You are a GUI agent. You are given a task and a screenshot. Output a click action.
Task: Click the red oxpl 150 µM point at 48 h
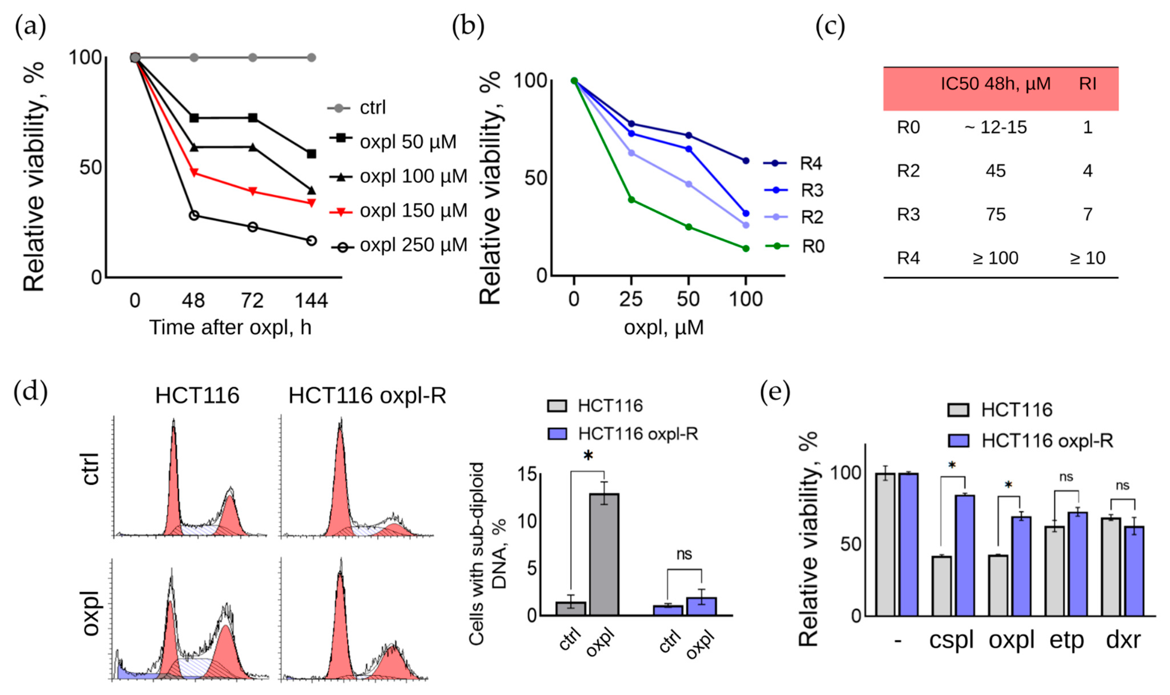point(194,172)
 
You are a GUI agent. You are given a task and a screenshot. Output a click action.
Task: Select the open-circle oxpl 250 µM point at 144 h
point(311,241)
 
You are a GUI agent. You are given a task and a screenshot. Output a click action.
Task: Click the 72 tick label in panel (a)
point(252,300)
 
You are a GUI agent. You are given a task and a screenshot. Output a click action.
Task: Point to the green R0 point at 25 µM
point(631,200)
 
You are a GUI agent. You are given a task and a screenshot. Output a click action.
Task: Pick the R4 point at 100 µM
point(746,161)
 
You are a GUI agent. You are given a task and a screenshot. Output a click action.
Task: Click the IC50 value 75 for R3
point(995,215)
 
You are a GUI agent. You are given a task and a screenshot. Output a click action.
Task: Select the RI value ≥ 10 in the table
point(1087,258)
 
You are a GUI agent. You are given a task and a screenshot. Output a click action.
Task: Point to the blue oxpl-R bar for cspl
point(964,555)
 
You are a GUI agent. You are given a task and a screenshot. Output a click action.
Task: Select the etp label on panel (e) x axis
point(1067,640)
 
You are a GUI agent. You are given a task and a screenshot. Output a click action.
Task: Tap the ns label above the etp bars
point(1066,477)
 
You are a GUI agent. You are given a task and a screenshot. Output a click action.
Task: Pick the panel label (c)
point(830,27)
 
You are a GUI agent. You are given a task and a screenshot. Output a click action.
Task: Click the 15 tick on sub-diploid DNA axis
point(527,474)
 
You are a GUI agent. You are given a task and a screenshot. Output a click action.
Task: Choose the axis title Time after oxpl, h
point(230,327)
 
